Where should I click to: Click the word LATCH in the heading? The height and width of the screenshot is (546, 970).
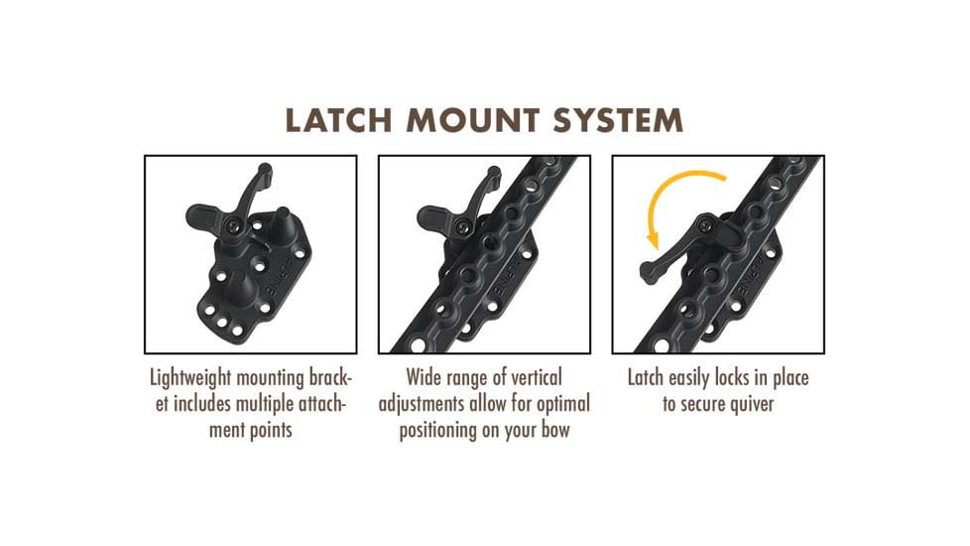coord(338,120)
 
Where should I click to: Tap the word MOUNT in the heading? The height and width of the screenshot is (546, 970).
coord(473,120)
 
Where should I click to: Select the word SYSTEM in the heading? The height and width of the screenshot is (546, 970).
coord(619,120)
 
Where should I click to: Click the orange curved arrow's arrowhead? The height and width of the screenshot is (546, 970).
coord(653,239)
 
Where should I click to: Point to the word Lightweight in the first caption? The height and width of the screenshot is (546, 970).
coord(190,378)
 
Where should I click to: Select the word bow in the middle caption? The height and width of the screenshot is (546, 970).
coord(554,430)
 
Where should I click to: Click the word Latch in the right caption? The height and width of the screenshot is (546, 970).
coord(646,377)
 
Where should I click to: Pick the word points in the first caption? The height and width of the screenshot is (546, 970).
coord(270,430)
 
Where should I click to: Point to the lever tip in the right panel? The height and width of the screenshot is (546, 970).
coord(649,272)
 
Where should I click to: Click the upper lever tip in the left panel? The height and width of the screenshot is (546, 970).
coord(265,170)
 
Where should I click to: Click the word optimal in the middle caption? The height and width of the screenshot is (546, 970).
coord(563,404)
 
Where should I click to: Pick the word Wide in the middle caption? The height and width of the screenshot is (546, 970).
coord(422,377)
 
